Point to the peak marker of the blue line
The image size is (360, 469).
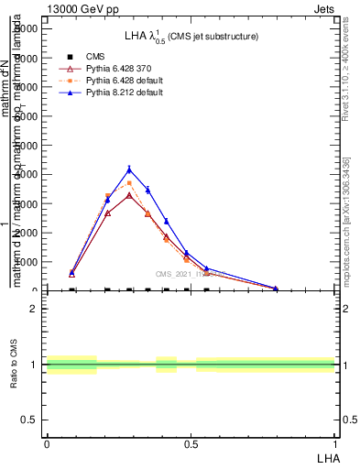click(129, 169)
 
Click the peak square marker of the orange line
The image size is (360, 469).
click(129, 183)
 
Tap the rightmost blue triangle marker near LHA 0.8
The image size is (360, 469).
click(275, 288)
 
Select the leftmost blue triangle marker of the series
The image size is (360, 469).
click(71, 272)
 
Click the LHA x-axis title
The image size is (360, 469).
click(326, 456)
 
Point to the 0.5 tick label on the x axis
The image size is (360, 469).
click(191, 443)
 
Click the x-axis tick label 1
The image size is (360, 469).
click(335, 443)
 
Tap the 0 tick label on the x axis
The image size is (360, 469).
click(47, 443)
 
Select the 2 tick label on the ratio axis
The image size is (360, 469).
click(34, 309)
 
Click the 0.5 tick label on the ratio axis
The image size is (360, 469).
click(29, 420)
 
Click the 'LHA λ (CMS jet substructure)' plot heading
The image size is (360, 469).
click(191, 36)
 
